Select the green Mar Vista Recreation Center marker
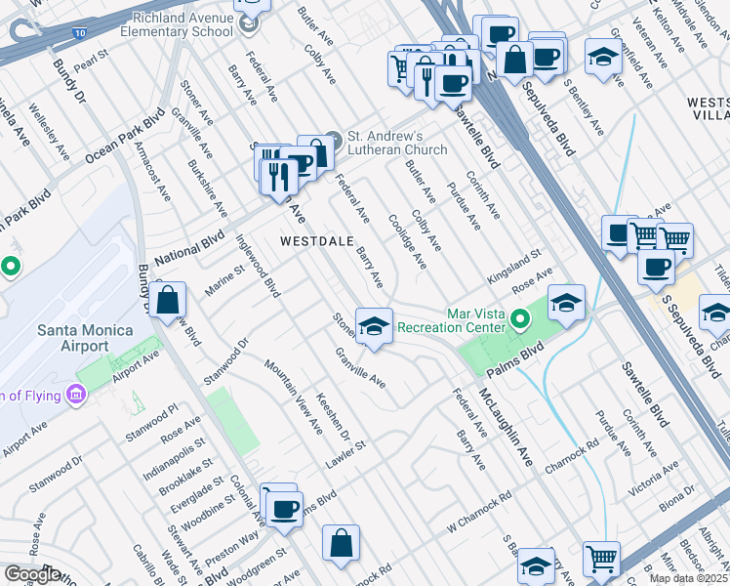pyautogui.click(x=521, y=318)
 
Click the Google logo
pyautogui.click(x=32, y=574)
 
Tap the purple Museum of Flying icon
pyautogui.click(x=75, y=395)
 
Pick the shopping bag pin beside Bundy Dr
pyautogui.click(x=169, y=302)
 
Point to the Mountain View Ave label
pyautogui.click(x=292, y=396)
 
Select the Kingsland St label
pyautogui.click(x=515, y=268)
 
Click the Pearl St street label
pyautogui.click(x=88, y=61)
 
